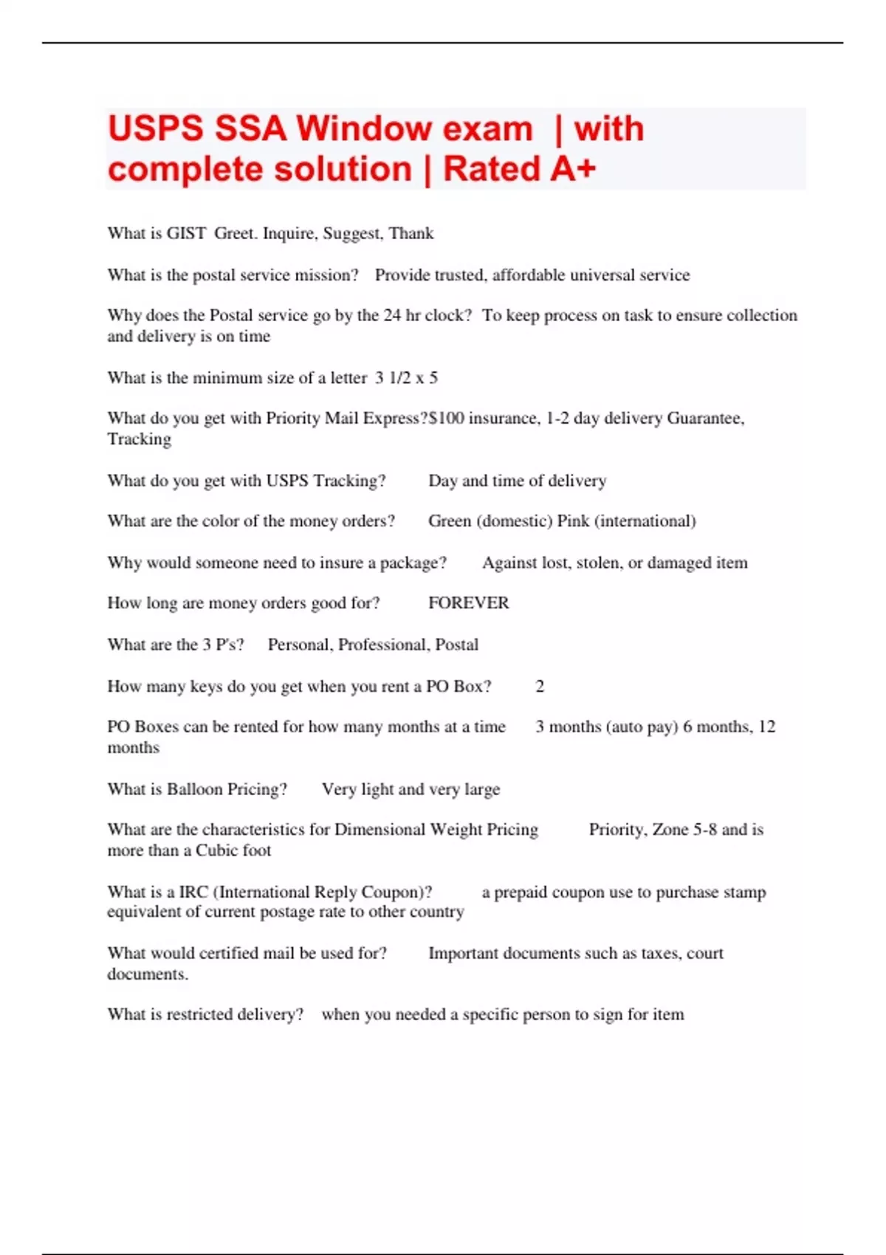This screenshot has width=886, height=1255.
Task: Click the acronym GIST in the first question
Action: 186,233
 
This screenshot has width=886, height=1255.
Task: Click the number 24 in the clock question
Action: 392,315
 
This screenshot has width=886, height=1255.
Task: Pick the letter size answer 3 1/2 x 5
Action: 406,378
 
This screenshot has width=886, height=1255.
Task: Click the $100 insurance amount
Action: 446,418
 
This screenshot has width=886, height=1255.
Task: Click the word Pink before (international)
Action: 573,521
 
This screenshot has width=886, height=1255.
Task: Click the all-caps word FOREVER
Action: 468,603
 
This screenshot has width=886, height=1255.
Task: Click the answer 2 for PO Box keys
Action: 540,687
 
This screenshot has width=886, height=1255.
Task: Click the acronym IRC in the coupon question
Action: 193,892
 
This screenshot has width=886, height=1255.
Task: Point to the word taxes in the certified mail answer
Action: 660,953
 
